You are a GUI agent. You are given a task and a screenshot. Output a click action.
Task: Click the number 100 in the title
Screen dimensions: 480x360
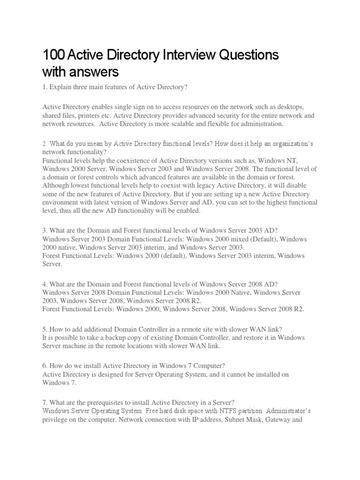coord(53,55)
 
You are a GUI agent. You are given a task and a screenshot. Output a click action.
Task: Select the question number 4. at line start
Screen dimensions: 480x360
coord(45,284)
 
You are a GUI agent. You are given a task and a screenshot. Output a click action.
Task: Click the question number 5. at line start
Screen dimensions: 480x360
coord(45,329)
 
